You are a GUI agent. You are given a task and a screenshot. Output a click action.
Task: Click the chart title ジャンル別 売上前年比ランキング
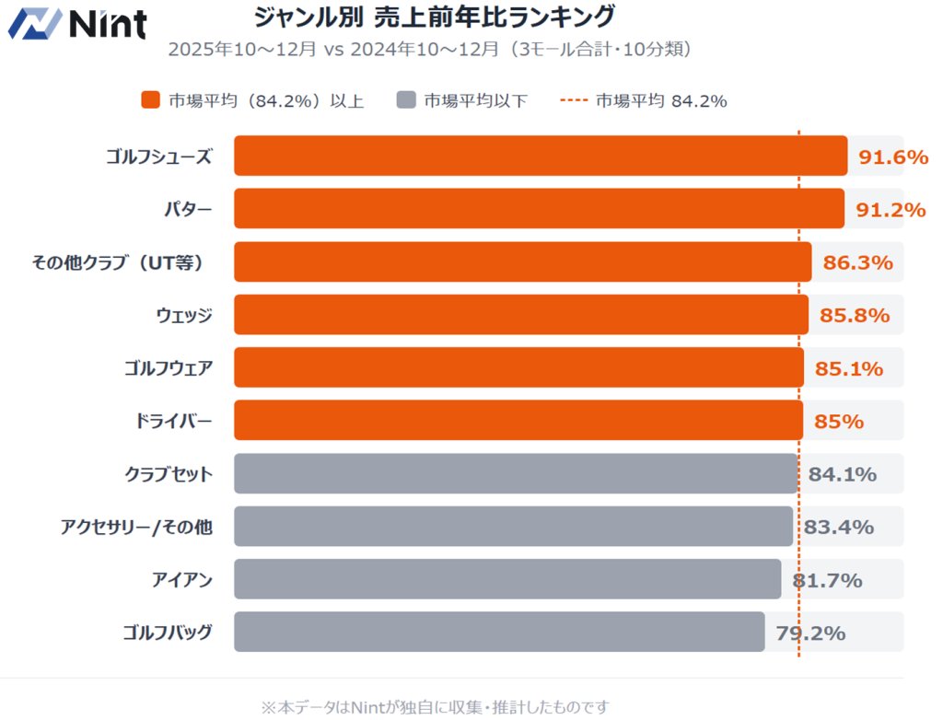pyautogui.click(x=434, y=17)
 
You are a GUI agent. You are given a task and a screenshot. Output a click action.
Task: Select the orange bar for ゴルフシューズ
pyautogui.click(x=540, y=156)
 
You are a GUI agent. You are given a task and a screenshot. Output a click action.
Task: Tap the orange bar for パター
pyautogui.click(x=539, y=208)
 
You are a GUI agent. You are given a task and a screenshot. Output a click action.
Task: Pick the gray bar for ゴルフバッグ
pyautogui.click(x=499, y=632)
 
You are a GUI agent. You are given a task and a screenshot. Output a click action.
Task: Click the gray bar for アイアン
pyautogui.click(x=507, y=579)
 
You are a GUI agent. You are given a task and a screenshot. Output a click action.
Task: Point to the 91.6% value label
pyautogui.click(x=892, y=157)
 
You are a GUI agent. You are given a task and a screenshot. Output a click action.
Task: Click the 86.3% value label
pyautogui.click(x=857, y=262)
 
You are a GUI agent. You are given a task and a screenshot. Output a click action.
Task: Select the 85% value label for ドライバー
pyautogui.click(x=838, y=422)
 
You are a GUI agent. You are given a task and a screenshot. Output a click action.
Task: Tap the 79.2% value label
pyautogui.click(x=810, y=633)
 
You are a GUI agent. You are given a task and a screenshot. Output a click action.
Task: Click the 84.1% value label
pyautogui.click(x=842, y=474)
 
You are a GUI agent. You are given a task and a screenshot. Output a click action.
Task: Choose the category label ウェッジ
pyautogui.click(x=184, y=316)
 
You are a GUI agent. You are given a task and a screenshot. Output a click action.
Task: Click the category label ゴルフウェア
pyautogui.click(x=169, y=368)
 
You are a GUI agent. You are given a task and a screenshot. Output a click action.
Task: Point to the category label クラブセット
pyautogui.click(x=169, y=474)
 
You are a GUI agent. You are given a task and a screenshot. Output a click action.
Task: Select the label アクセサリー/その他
pyautogui.click(x=136, y=527)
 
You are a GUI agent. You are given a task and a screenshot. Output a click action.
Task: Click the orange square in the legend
pyautogui.click(x=151, y=100)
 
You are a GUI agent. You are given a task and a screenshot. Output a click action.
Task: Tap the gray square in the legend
pyautogui.click(x=406, y=100)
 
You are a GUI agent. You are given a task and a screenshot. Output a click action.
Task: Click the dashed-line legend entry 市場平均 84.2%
pyautogui.click(x=645, y=100)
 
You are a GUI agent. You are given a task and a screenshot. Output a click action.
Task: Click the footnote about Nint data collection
pyautogui.click(x=435, y=706)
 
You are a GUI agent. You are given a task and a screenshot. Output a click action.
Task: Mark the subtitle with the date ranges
pyautogui.click(x=429, y=49)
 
